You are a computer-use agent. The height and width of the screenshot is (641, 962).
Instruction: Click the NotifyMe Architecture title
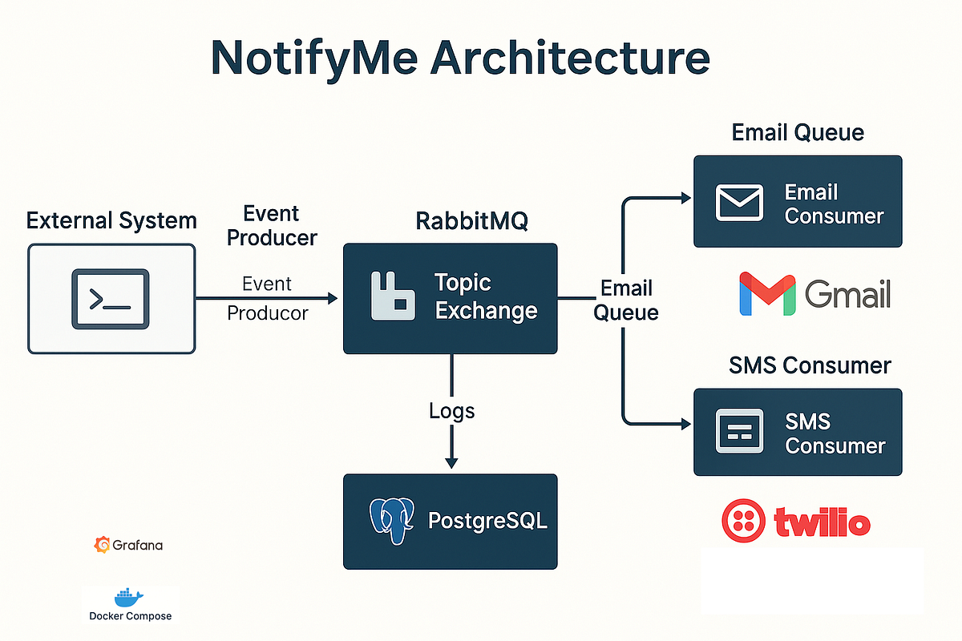(x=460, y=58)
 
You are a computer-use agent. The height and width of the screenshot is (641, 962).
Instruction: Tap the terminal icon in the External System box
(x=111, y=299)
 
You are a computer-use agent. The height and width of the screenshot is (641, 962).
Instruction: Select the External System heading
(x=111, y=220)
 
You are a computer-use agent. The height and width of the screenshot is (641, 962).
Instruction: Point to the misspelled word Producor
(x=268, y=312)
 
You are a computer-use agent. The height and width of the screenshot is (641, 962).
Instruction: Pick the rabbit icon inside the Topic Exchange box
(x=393, y=297)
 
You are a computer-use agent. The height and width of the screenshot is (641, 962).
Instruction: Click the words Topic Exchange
(x=486, y=296)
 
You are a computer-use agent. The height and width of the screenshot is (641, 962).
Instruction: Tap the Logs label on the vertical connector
(x=451, y=411)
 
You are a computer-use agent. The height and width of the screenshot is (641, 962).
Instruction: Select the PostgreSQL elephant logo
(x=392, y=522)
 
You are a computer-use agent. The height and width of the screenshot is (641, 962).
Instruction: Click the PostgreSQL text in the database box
(x=487, y=521)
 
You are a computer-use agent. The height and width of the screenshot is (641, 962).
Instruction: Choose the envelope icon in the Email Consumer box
(x=739, y=202)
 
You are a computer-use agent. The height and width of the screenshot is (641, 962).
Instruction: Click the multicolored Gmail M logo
(x=767, y=294)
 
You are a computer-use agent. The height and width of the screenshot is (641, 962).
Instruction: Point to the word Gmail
(x=848, y=295)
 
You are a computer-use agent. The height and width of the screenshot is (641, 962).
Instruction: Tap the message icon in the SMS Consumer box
(x=739, y=433)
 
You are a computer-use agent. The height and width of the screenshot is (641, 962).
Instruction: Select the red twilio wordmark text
(x=822, y=523)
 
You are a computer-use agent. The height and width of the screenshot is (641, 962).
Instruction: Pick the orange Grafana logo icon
(x=102, y=545)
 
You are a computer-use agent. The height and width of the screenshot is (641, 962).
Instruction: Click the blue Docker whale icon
(x=128, y=597)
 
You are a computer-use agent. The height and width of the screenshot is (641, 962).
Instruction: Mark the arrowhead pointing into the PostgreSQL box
(x=451, y=463)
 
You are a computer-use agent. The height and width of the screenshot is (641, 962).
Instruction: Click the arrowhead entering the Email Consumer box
(x=685, y=197)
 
